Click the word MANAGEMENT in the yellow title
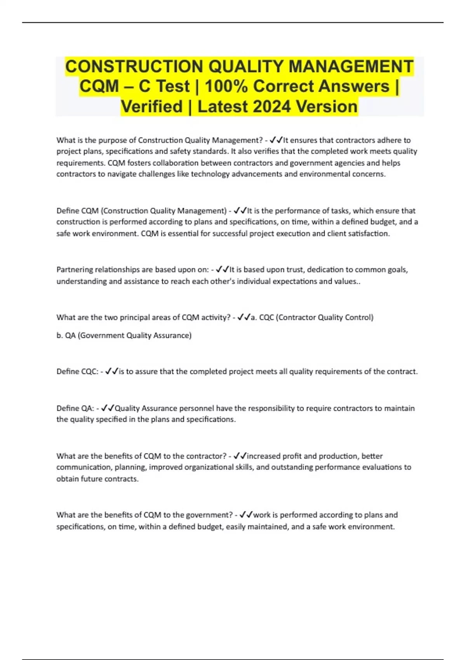[x=351, y=66]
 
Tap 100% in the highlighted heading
[x=226, y=86]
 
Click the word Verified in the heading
[x=152, y=106]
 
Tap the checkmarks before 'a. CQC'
[x=244, y=317]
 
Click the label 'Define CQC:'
[x=77, y=371]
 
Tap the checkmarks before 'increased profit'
[x=240, y=456]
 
